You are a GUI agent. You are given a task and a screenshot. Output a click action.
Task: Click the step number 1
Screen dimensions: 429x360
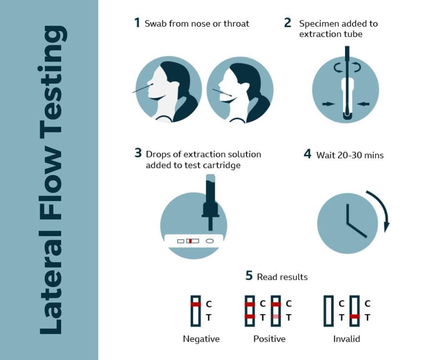(x=137, y=22)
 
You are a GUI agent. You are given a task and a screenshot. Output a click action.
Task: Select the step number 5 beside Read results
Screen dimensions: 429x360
(x=249, y=275)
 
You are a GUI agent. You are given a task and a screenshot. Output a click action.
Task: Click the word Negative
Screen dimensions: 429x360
(x=201, y=339)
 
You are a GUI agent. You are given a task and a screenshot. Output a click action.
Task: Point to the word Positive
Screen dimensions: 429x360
(x=269, y=339)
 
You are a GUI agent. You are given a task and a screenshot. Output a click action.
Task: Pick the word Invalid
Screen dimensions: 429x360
(x=346, y=339)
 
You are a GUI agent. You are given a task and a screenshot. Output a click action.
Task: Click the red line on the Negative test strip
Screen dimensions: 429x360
(x=196, y=304)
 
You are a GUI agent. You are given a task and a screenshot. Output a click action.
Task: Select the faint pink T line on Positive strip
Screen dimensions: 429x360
(x=276, y=317)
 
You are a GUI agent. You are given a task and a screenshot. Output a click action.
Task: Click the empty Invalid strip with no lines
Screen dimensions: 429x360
(x=328, y=311)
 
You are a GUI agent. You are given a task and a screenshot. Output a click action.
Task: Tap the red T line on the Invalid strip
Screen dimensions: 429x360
(x=355, y=317)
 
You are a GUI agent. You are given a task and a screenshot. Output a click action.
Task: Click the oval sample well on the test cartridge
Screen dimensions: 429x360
(x=209, y=241)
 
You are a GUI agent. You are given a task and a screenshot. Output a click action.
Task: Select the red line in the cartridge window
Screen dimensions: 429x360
(x=190, y=241)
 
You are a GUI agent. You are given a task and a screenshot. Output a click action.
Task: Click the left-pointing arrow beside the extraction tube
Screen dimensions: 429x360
(x=364, y=104)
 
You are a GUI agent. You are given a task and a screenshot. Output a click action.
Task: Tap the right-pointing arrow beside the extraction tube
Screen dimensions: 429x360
(x=329, y=104)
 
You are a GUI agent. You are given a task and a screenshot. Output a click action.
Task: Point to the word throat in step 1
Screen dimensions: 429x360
(x=236, y=24)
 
